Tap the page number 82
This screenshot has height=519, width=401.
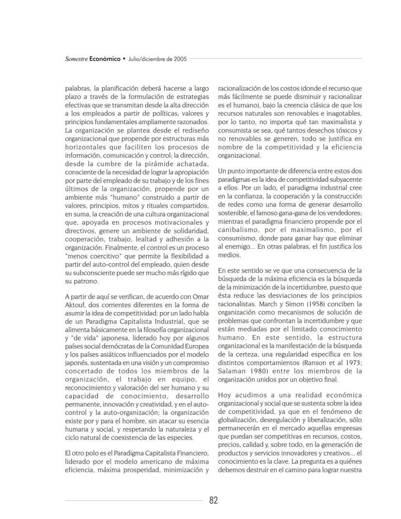[x=214, y=500]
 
